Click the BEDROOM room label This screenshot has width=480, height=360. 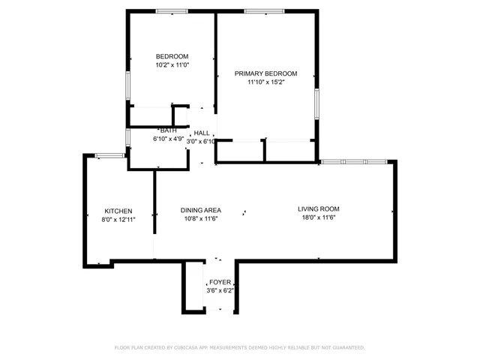[x=172, y=56]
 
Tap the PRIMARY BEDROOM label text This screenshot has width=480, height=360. [x=265, y=73]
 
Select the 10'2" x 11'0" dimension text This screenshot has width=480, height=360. [x=172, y=65]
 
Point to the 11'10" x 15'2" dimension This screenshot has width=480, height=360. [x=265, y=82]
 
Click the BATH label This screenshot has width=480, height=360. [x=168, y=130]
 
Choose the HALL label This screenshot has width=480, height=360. [x=202, y=133]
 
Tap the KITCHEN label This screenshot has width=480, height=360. [x=118, y=211]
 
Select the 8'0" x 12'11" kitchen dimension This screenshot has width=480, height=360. [x=118, y=220]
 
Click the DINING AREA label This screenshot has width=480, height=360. [x=200, y=210]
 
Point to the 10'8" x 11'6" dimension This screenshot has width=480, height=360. [x=200, y=219]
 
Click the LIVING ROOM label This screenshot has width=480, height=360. [x=319, y=209]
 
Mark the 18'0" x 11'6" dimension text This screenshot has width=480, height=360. [x=319, y=218]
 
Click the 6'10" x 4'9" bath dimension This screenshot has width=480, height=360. [x=168, y=139]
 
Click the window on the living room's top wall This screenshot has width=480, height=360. [x=353, y=161]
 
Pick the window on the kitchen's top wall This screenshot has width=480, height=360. [x=109, y=155]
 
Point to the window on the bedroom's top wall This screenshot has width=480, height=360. [x=172, y=10]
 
